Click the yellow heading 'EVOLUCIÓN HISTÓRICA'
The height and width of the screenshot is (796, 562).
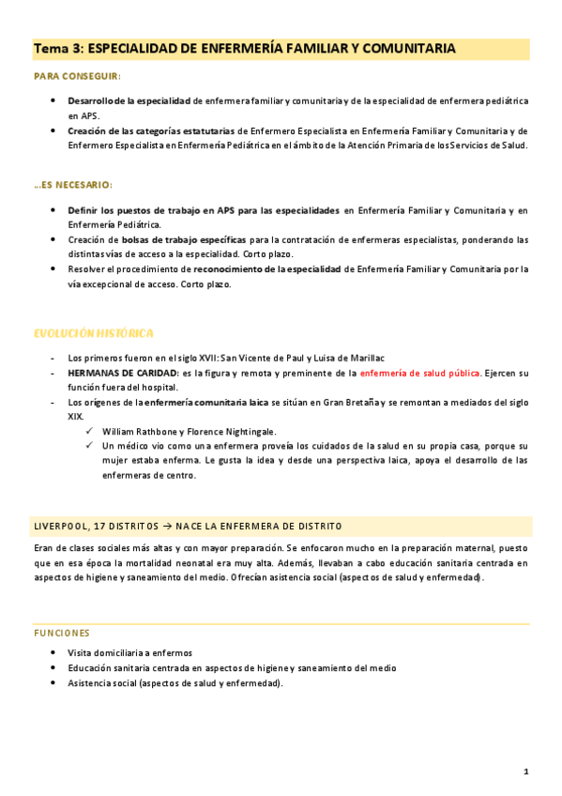(x=93, y=333)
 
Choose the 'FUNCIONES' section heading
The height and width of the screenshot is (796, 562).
(x=61, y=634)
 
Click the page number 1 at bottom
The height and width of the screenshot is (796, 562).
(x=526, y=772)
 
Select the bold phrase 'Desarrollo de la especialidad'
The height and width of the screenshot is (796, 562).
(x=129, y=100)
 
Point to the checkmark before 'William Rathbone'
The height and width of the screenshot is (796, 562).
(x=89, y=431)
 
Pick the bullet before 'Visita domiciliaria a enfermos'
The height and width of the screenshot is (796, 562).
(x=53, y=652)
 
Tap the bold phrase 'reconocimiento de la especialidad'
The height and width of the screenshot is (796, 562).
(x=267, y=269)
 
